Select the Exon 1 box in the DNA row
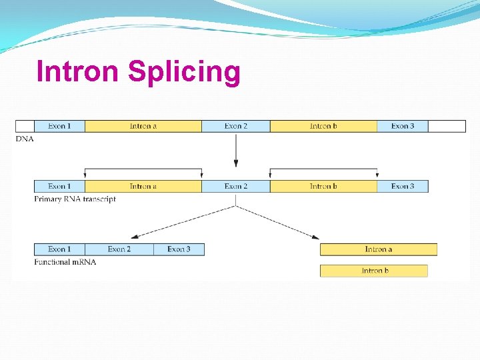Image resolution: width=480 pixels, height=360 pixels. tap(59, 126)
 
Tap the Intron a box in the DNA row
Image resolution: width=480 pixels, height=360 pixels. tap(143, 126)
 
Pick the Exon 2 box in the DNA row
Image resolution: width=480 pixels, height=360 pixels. tap(236, 126)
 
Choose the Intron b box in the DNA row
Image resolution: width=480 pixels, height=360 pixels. tap(323, 126)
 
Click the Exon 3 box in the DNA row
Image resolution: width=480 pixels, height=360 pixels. tap(403, 126)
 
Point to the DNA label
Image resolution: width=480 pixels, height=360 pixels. tap(24, 139)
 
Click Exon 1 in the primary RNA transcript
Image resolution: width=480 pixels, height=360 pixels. tap(59, 186)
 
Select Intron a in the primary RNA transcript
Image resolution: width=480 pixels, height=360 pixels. tap(143, 186)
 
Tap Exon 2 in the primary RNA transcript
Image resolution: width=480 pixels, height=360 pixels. tap(236, 186)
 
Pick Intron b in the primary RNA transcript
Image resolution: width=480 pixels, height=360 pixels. tap(323, 186)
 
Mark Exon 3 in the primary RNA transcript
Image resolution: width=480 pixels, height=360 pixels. tap(403, 186)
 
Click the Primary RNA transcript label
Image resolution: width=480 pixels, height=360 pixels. tap(75, 199)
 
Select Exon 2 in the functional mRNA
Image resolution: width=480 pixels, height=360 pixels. tap(119, 249)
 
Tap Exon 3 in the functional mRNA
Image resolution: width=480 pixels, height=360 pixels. tap(179, 249)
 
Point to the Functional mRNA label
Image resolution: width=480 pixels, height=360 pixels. tap(65, 262)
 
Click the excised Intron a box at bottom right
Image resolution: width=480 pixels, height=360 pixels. tap(378, 249)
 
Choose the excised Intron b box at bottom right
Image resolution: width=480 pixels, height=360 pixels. tap(373, 271)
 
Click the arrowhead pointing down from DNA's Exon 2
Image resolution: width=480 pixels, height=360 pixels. tap(235, 164)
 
